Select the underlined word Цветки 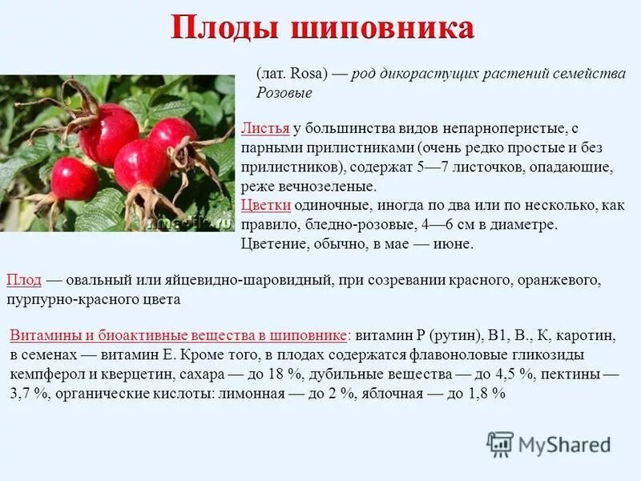pyautogui.click(x=265, y=206)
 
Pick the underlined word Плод pyautogui.click(x=23, y=281)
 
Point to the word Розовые pyautogui.click(x=284, y=93)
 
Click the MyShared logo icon pyautogui.click(x=500, y=444)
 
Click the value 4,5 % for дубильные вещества pyautogui.click(x=472, y=375)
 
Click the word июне pyautogui.click(x=455, y=245)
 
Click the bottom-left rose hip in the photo pyautogui.click(x=74, y=178)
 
